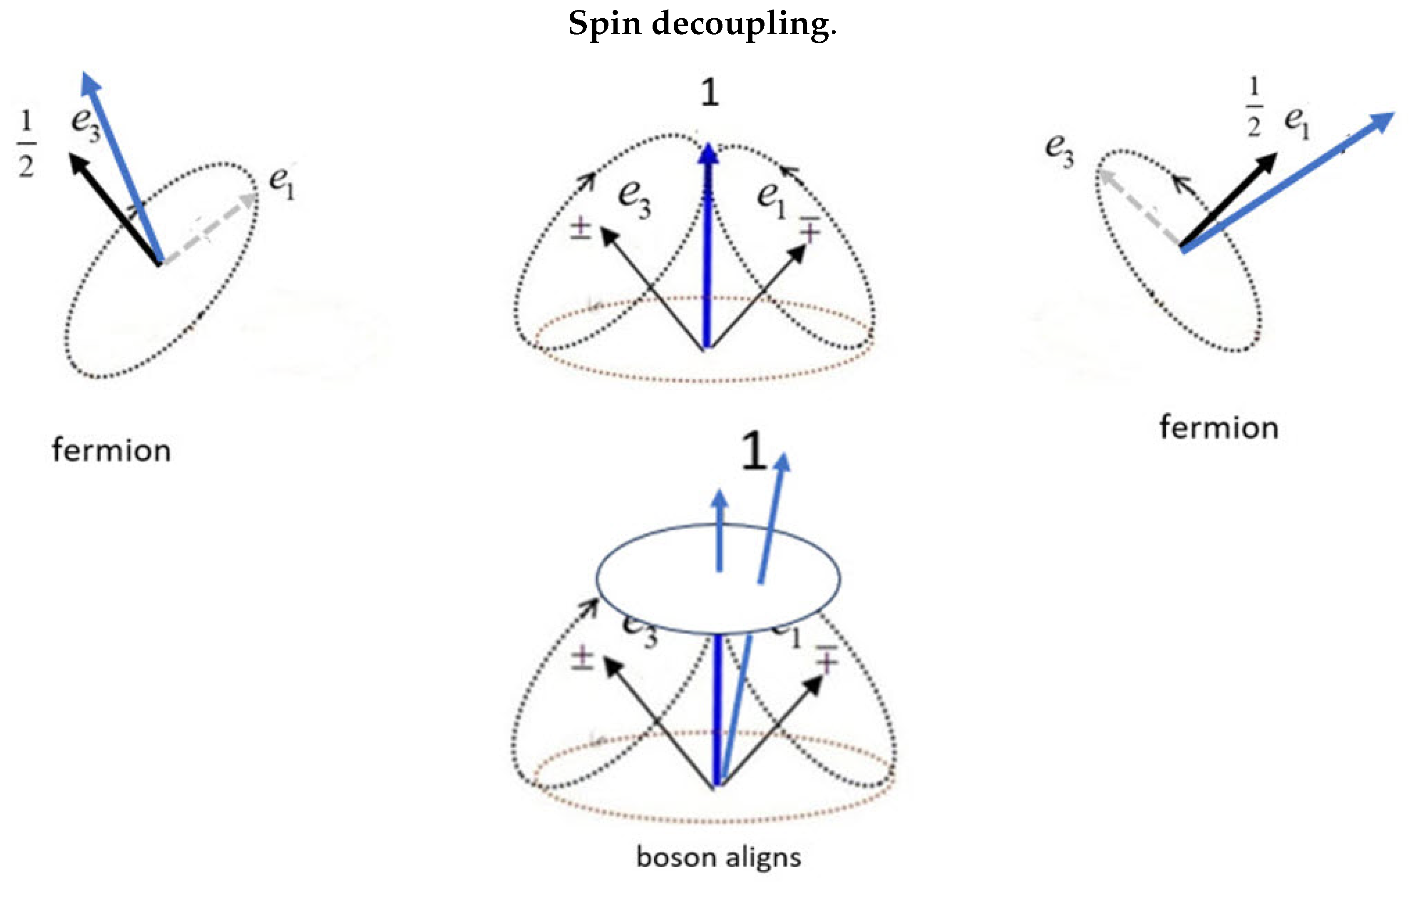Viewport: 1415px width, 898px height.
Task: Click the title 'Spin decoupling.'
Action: pos(702,25)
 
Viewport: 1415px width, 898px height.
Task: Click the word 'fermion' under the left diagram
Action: pos(112,451)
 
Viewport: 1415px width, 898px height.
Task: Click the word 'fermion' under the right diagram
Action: pos(1219,428)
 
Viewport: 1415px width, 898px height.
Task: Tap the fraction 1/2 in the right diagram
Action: pos(1254,107)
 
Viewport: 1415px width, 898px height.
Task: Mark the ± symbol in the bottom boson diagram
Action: pos(582,658)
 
